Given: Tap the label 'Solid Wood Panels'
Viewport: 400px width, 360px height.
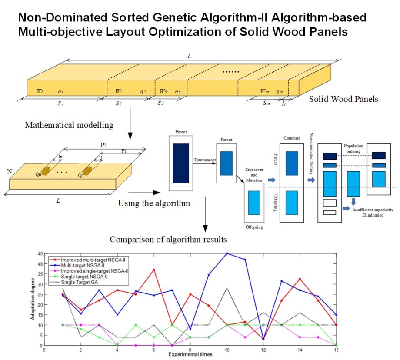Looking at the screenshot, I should [x=343, y=99].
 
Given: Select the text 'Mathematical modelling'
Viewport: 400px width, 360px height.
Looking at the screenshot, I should [x=69, y=125].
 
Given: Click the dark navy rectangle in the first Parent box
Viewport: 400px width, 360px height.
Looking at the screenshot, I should [x=181, y=163].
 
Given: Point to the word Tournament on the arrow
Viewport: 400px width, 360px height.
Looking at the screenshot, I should [x=205, y=160].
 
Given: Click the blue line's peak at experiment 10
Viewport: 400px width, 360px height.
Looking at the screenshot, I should [x=227, y=253].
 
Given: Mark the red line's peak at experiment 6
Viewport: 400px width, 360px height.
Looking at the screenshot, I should [x=154, y=270].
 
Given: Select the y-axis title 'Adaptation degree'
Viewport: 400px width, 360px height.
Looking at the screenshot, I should [x=32, y=300].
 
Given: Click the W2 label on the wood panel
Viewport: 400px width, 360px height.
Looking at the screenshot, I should [x=119, y=91].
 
